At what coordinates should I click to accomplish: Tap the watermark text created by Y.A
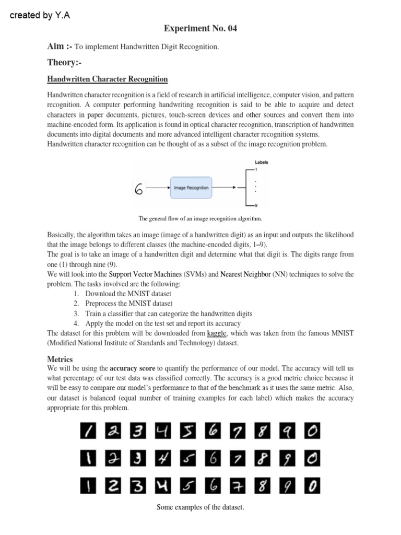40,15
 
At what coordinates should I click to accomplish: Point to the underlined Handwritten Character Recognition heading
108,79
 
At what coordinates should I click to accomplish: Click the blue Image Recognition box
191,187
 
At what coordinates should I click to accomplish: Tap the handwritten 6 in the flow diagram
138,188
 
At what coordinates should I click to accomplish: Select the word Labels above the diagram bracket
262,162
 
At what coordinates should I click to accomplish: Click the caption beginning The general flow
200,218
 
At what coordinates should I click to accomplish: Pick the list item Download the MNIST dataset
128,294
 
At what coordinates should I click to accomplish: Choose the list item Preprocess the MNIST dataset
128,304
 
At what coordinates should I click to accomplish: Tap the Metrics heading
60,359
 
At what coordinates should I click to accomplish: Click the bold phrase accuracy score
132,368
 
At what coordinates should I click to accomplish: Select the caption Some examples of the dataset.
200,507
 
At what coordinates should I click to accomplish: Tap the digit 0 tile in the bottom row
312,486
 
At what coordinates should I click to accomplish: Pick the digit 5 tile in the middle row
188,459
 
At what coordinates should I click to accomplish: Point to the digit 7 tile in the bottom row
238,486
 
